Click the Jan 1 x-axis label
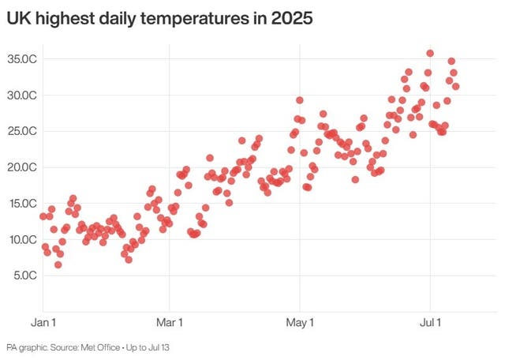43,323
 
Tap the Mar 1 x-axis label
170,323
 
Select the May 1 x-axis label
300,323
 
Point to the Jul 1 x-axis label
430,323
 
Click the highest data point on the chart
430,54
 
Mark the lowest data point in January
58,264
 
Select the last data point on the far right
455,87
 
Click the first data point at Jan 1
43,216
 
